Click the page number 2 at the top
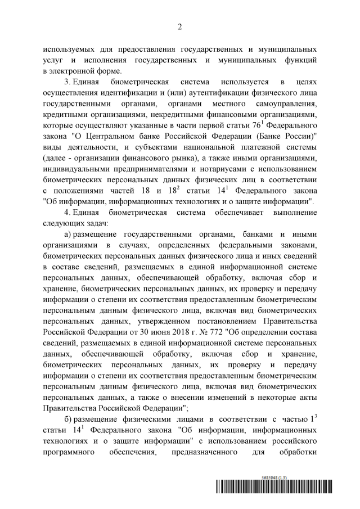(x=180, y=26)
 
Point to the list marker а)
(x=68, y=233)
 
